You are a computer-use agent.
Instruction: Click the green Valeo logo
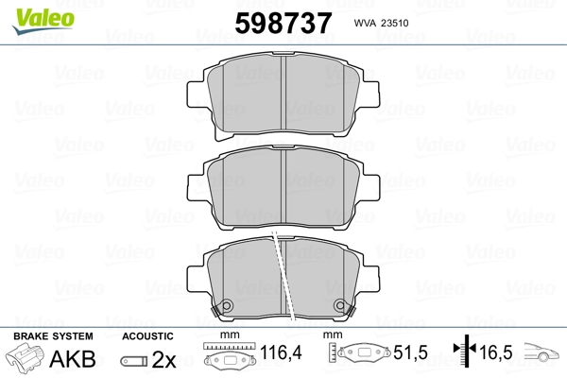pyautogui.click(x=43, y=21)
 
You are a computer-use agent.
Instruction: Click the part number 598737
pyautogui.click(x=283, y=23)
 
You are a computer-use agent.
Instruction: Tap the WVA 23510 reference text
pyautogui.click(x=381, y=23)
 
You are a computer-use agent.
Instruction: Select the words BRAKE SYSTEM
pyautogui.click(x=53, y=336)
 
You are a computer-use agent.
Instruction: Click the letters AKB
pyautogui.click(x=73, y=359)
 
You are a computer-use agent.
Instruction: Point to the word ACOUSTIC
pyautogui.click(x=147, y=336)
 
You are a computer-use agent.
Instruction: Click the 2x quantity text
pyautogui.click(x=163, y=359)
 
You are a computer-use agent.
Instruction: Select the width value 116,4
pyautogui.click(x=281, y=352)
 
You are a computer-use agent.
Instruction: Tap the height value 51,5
pyautogui.click(x=410, y=352)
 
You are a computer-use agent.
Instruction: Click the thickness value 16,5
pyautogui.click(x=495, y=352)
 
